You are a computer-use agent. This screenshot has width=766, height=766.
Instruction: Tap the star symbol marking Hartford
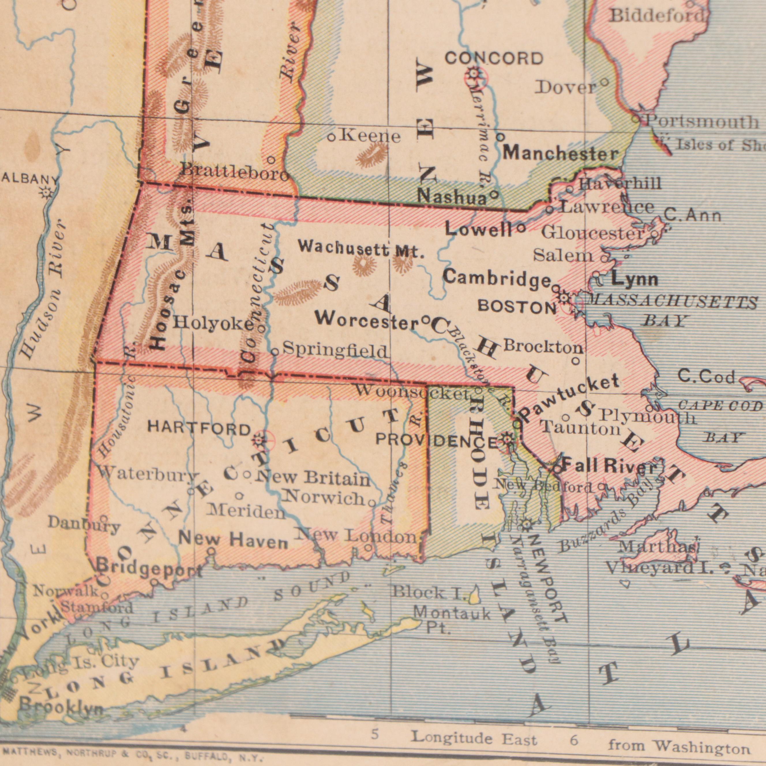coord(259,439)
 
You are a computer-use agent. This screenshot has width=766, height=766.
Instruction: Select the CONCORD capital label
coord(494,59)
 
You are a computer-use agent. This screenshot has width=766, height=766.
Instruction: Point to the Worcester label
coord(367,320)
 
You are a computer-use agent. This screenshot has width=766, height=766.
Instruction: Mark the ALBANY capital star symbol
coord(47,193)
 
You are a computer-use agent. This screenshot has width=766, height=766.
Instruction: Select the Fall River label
coord(610,465)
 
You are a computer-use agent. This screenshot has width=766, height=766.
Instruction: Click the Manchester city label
coord(561,153)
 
